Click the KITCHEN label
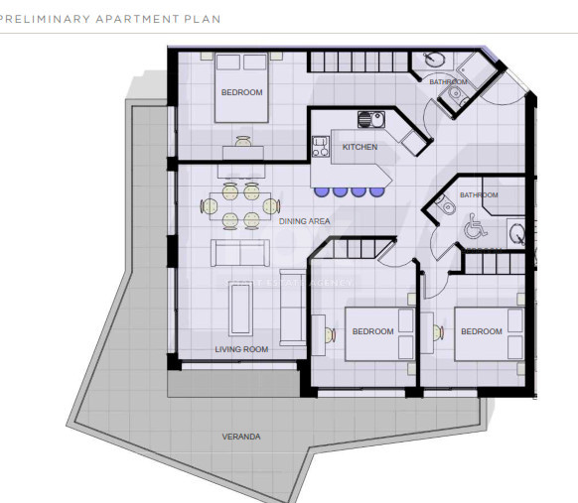(360, 147)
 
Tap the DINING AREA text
(305, 221)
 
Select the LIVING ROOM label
(241, 349)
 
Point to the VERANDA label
(241, 436)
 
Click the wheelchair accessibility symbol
(472, 228)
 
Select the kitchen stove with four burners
(321, 147)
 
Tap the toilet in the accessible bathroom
(444, 206)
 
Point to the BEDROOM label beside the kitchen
(241, 92)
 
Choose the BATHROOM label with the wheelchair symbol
(480, 195)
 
